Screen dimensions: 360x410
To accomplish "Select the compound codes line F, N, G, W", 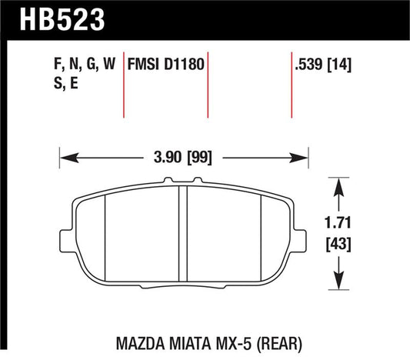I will point(79,66).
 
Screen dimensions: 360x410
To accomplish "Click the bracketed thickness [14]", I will point(340,66).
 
